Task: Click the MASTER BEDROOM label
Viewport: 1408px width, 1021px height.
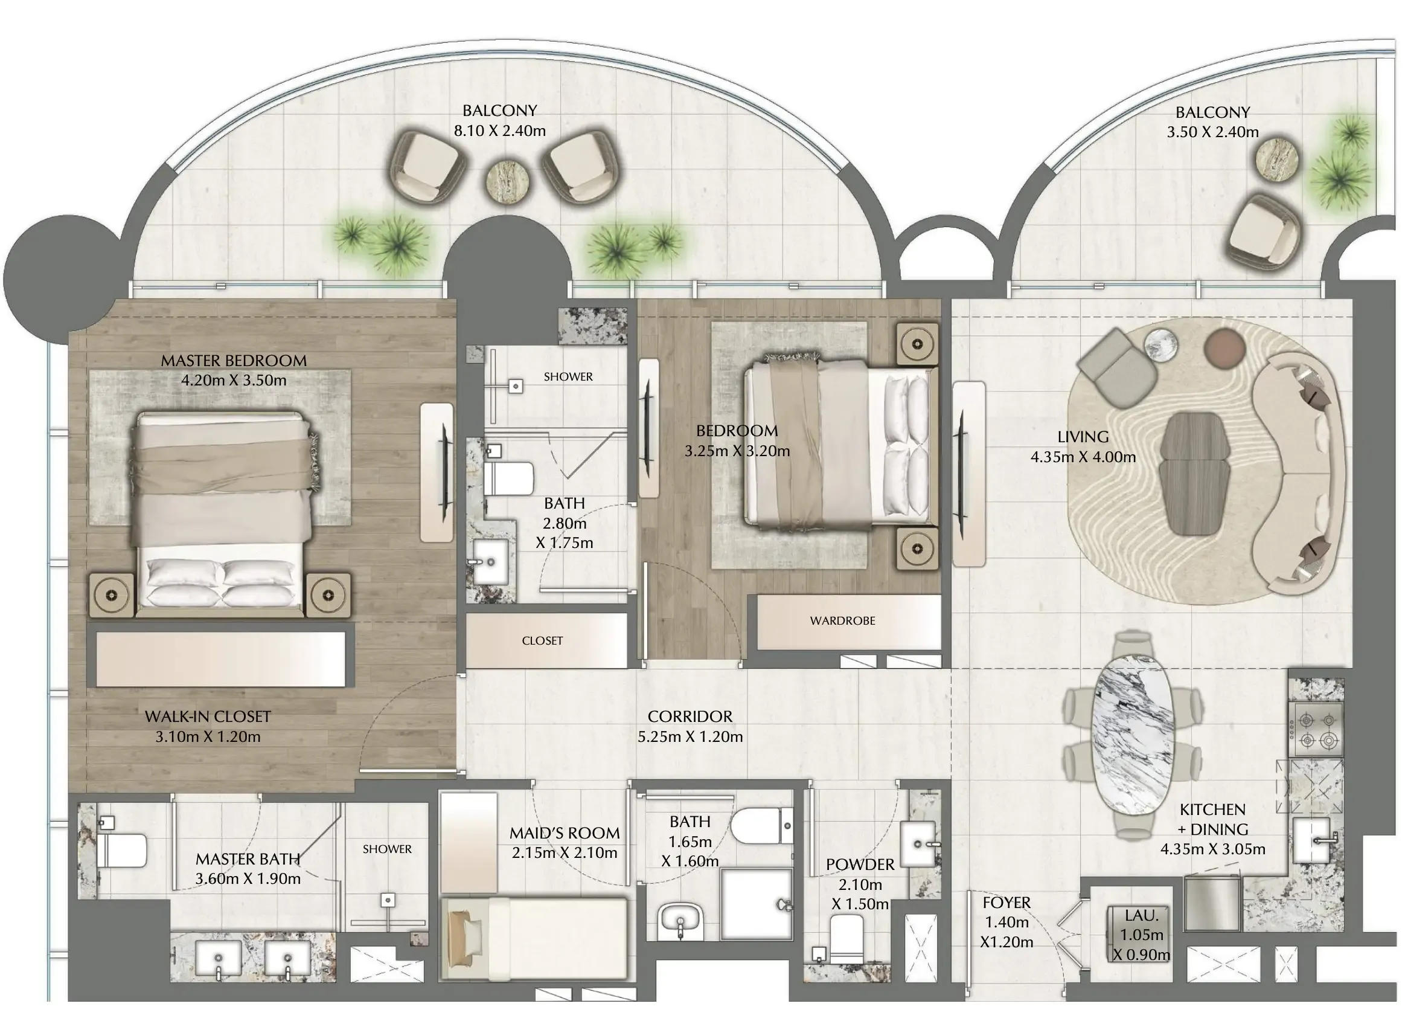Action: point(234,361)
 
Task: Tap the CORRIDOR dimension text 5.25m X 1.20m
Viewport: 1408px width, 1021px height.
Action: point(690,736)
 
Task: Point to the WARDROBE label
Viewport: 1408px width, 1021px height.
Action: point(842,620)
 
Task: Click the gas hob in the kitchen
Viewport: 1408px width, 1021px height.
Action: point(1316,730)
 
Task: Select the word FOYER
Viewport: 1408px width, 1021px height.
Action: point(1006,903)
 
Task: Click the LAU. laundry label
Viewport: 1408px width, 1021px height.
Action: point(1142,915)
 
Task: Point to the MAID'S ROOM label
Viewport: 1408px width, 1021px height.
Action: point(565,833)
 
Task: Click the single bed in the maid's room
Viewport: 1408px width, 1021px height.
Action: point(534,938)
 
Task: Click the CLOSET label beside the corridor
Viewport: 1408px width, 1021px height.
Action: point(542,640)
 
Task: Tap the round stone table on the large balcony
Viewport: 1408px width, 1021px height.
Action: point(508,181)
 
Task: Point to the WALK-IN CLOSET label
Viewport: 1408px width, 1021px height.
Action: point(207,717)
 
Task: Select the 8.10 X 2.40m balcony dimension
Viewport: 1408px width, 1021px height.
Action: point(500,131)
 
